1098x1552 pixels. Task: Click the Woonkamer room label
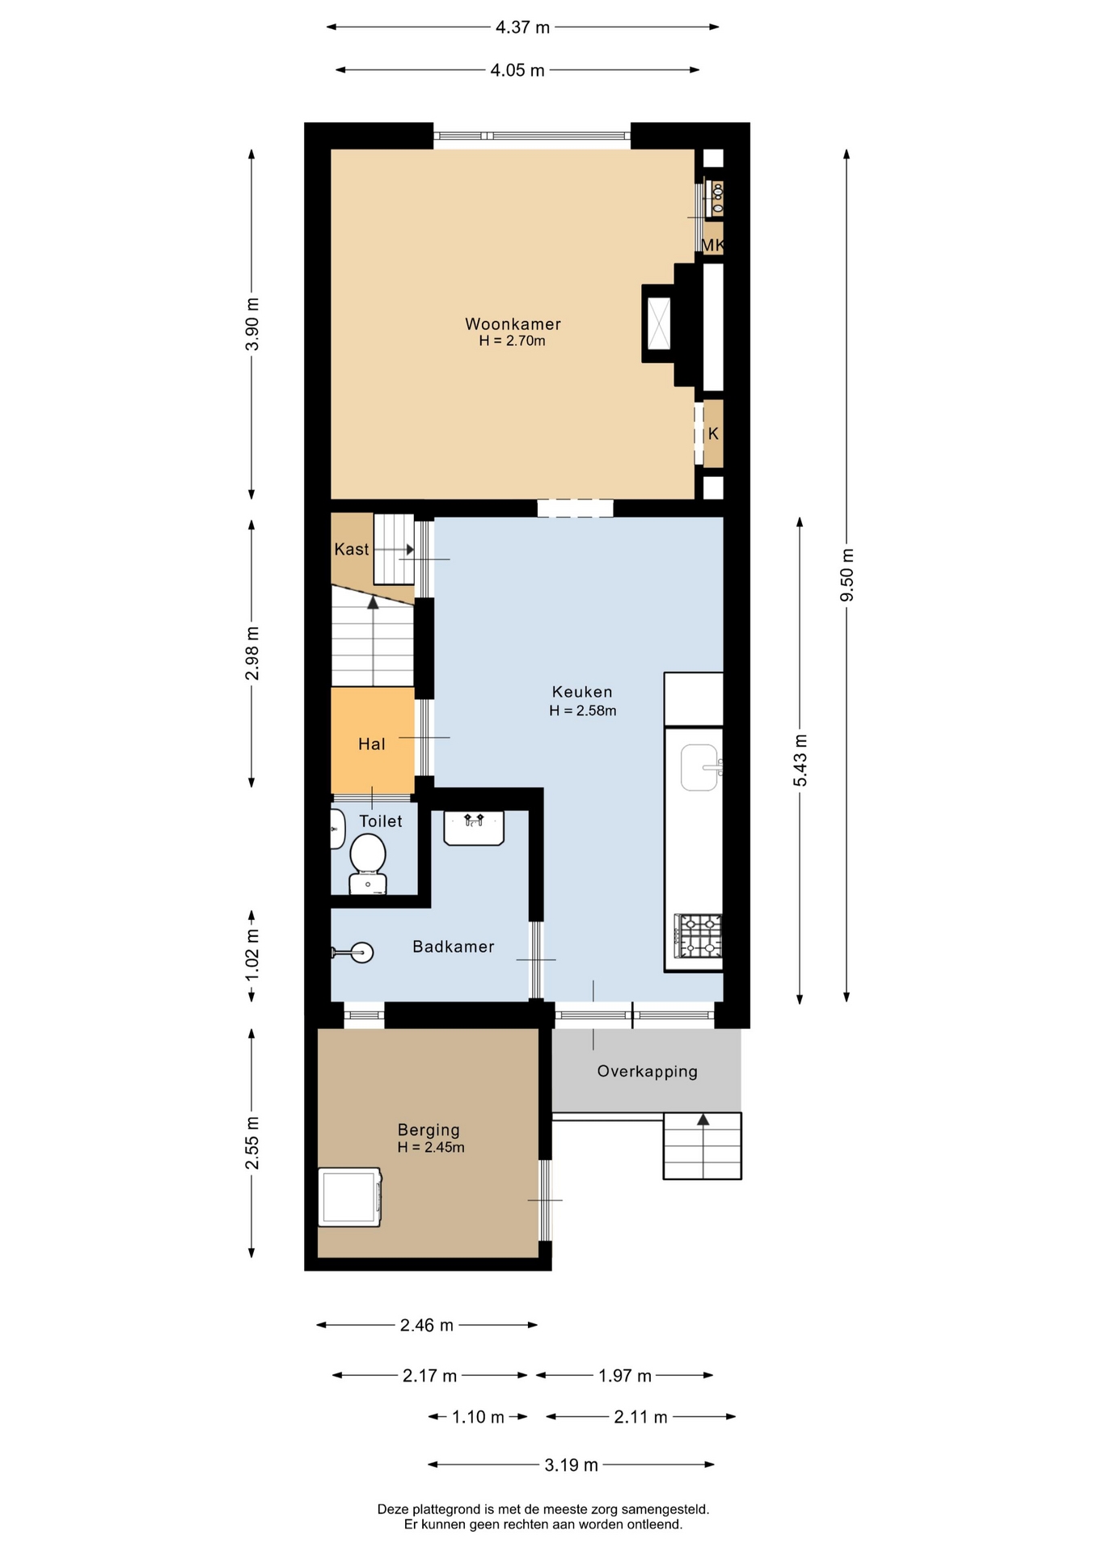[x=513, y=323]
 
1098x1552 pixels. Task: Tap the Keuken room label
[x=582, y=692]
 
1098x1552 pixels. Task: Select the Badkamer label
[x=454, y=947]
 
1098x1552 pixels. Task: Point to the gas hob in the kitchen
[x=699, y=936]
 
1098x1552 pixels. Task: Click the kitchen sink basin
[x=700, y=767]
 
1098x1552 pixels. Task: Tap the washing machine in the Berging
[x=349, y=1197]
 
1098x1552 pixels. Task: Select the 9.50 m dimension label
[x=847, y=575]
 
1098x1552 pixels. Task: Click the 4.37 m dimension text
[x=522, y=27]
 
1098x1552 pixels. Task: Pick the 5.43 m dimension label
[x=800, y=760]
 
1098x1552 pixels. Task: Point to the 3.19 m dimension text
[x=571, y=1466]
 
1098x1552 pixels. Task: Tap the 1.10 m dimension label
[x=478, y=1417]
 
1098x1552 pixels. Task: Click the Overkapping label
[x=647, y=1072]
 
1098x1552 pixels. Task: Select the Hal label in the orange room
[x=372, y=744]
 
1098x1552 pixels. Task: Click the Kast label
[x=352, y=549]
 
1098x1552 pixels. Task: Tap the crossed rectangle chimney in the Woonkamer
[x=659, y=323]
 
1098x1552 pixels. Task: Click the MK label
[x=712, y=245]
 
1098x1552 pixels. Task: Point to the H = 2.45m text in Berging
[x=431, y=1147]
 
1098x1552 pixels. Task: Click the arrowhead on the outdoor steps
[x=703, y=1120]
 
